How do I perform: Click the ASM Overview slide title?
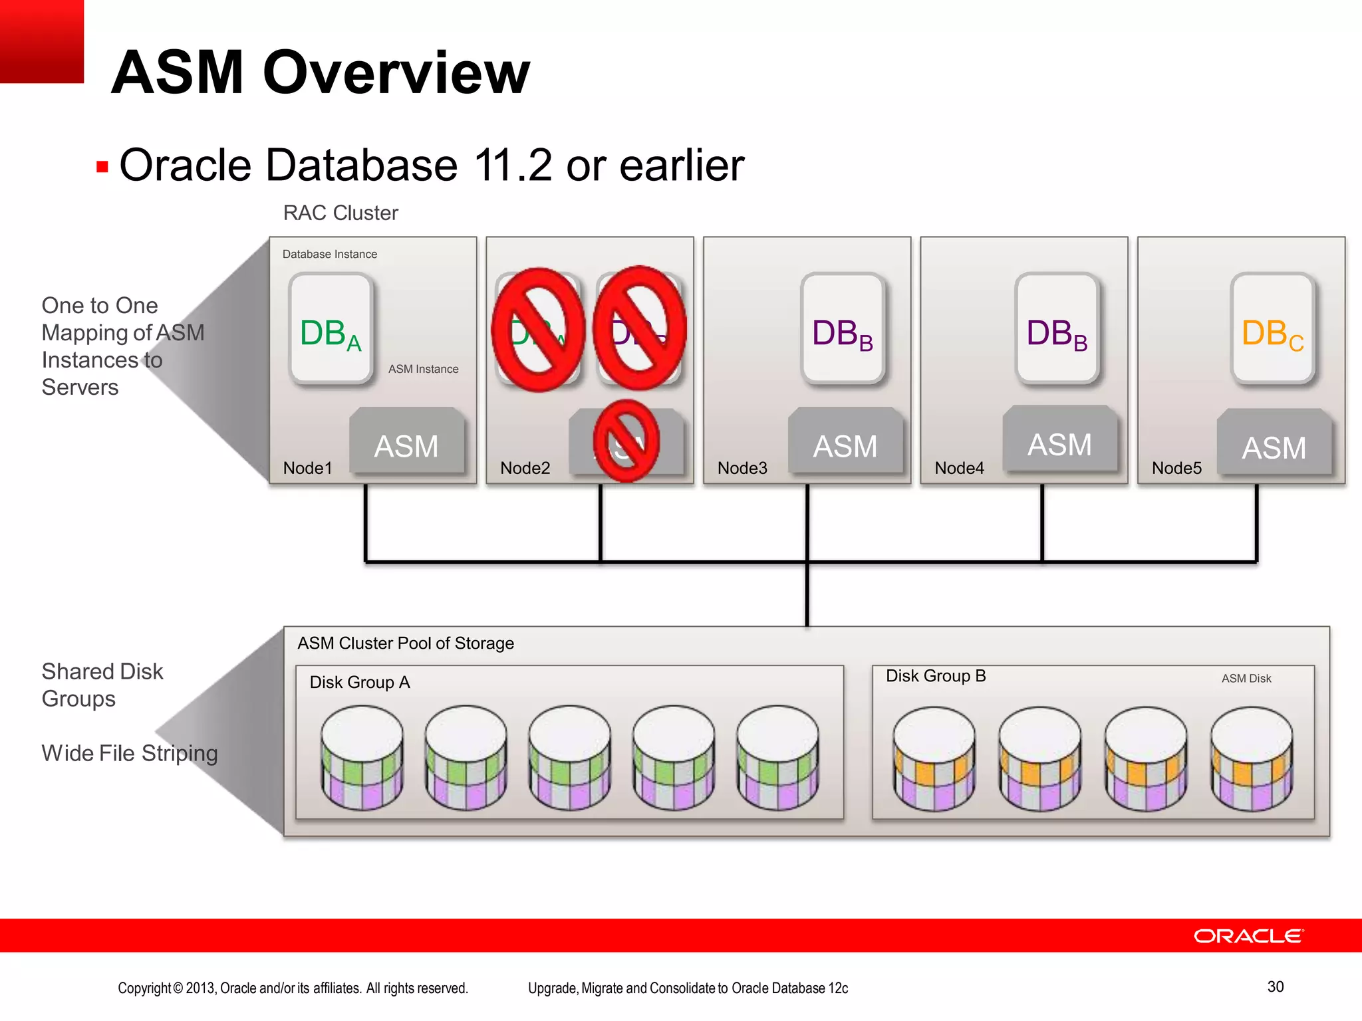click(x=320, y=72)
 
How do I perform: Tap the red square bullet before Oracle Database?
click(x=102, y=167)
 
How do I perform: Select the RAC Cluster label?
click(x=340, y=213)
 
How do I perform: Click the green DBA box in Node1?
click(x=331, y=330)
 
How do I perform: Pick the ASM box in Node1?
click(x=406, y=441)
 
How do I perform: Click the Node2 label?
click(x=525, y=468)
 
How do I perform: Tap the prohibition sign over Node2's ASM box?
click(x=625, y=441)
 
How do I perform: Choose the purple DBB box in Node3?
click(x=843, y=330)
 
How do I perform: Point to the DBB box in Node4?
click(x=1057, y=330)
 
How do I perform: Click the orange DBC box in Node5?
click(x=1272, y=330)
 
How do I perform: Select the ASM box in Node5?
click(x=1274, y=443)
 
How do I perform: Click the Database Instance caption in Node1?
click(x=329, y=254)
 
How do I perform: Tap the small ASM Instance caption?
click(x=423, y=369)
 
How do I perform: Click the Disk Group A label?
click(x=359, y=682)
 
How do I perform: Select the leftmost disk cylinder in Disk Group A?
click(x=362, y=758)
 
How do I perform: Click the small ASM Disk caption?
click(x=1246, y=679)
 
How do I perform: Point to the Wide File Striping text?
click(x=130, y=753)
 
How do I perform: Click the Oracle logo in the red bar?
click(x=1248, y=936)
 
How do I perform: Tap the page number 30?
click(x=1275, y=986)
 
